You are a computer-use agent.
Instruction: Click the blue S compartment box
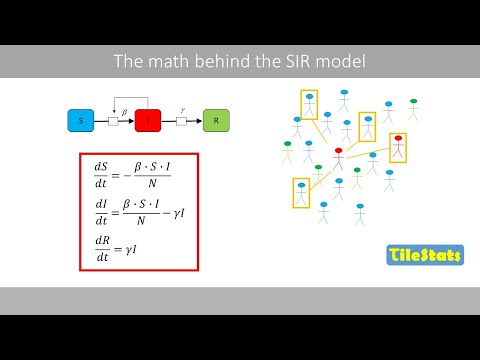80,121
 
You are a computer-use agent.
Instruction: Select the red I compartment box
148,121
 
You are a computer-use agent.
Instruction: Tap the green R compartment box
216,121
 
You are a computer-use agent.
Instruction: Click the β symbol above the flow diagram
123,112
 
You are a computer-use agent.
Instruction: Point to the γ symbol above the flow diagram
181,112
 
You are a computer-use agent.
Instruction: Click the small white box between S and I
114,121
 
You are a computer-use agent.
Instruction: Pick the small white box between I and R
182,121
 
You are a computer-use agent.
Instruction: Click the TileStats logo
424,255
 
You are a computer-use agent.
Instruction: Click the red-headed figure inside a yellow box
398,146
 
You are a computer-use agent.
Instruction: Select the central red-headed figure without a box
338,158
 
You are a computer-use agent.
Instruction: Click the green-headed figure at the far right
412,107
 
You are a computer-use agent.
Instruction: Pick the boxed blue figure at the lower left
301,191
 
